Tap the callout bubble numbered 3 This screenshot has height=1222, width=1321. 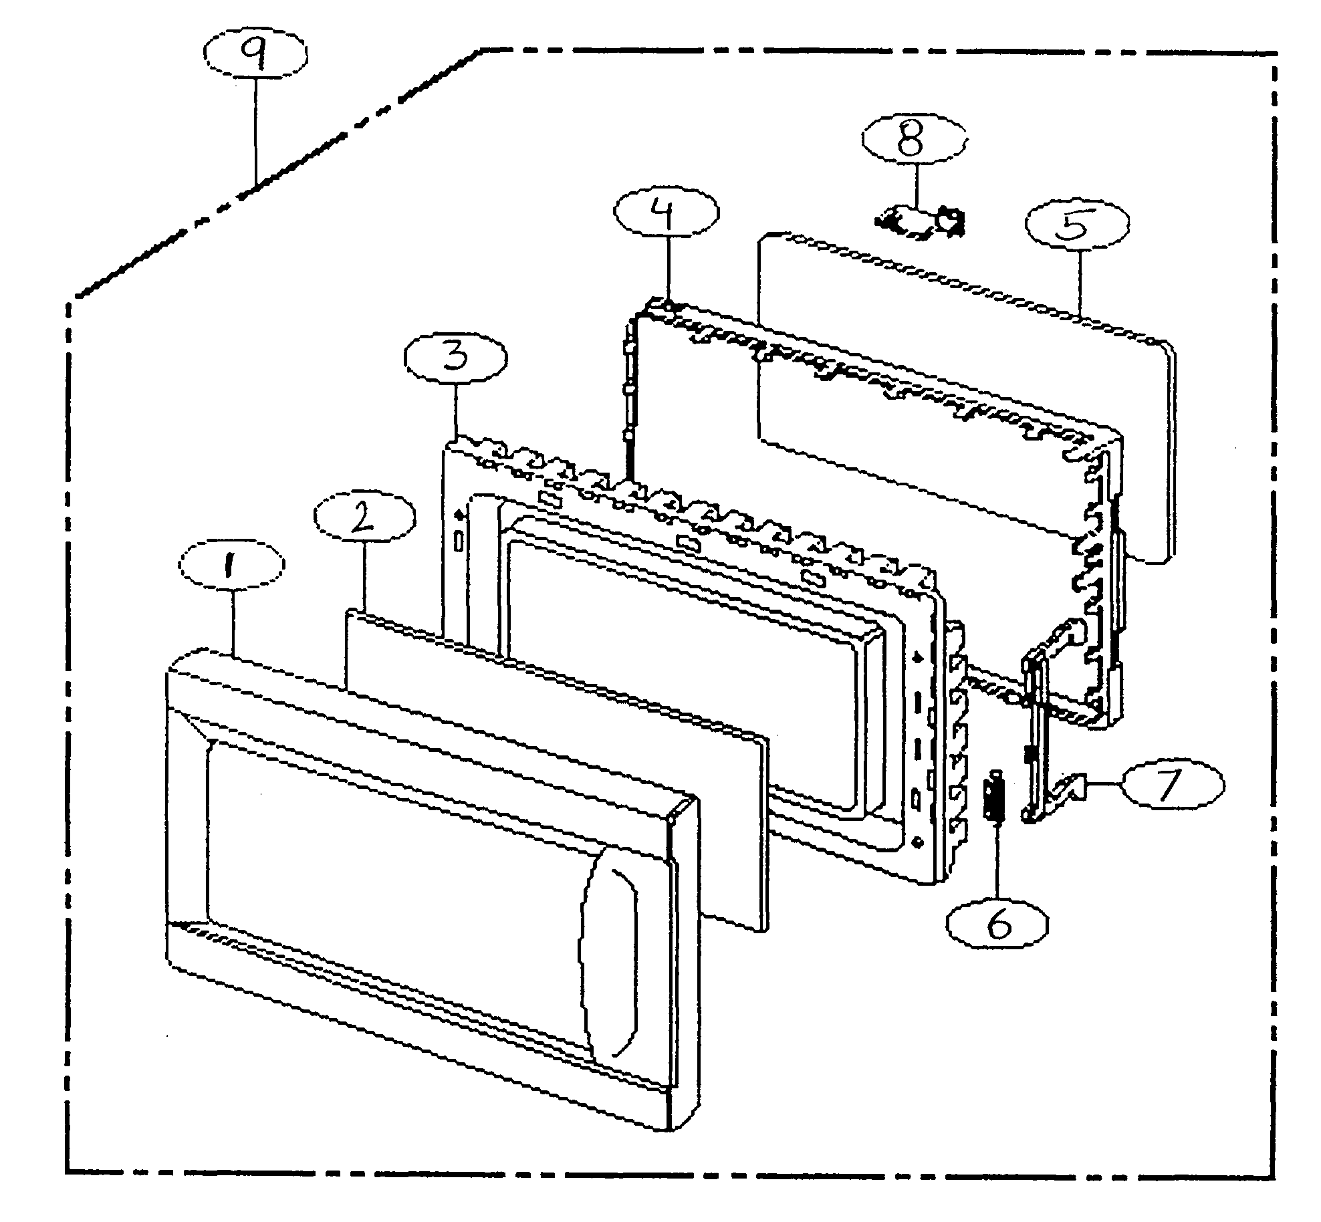tap(456, 358)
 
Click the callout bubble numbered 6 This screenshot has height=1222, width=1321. tap(997, 925)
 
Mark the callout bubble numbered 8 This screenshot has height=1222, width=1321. tap(913, 142)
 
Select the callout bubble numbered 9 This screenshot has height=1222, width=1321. tap(256, 55)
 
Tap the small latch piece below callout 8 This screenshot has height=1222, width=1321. tap(923, 224)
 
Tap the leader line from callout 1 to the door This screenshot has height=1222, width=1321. tap(232, 622)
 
